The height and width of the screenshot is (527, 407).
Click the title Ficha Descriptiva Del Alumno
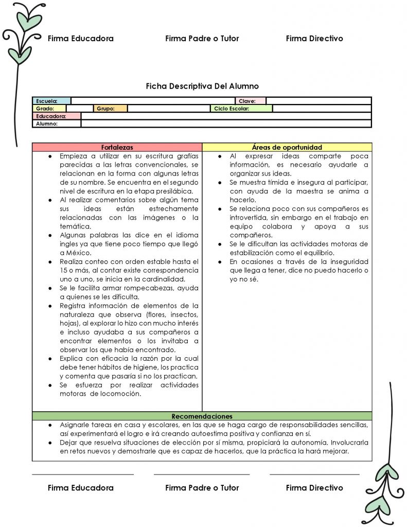tap(202, 86)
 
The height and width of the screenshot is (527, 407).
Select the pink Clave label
tap(251, 101)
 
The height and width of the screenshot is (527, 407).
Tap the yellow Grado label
tap(49, 109)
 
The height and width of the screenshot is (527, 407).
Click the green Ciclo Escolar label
tap(241, 109)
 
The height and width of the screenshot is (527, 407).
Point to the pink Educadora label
tap(57, 116)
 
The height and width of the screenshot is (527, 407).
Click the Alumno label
tap(57, 124)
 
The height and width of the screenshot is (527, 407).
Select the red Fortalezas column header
tap(117, 147)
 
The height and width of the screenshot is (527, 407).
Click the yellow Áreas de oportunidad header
tap(287, 147)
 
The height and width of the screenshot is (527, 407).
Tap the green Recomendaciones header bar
tap(202, 416)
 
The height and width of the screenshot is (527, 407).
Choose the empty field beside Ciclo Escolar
tap(321, 109)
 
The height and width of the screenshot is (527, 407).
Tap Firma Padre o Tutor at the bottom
tap(202, 487)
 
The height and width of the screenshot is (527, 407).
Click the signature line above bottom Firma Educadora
tap(83, 475)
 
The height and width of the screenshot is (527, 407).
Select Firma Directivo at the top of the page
tap(314, 39)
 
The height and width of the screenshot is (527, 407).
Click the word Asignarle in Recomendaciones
tap(75, 425)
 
